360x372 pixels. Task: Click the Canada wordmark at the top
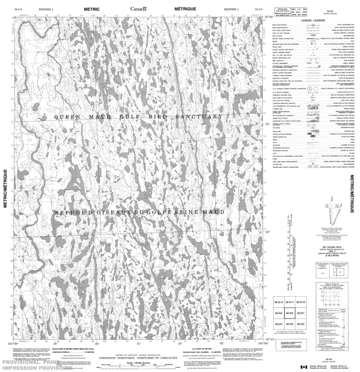point(138,9)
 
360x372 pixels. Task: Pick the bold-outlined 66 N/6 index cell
point(289,313)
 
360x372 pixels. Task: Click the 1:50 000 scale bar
point(140,368)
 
